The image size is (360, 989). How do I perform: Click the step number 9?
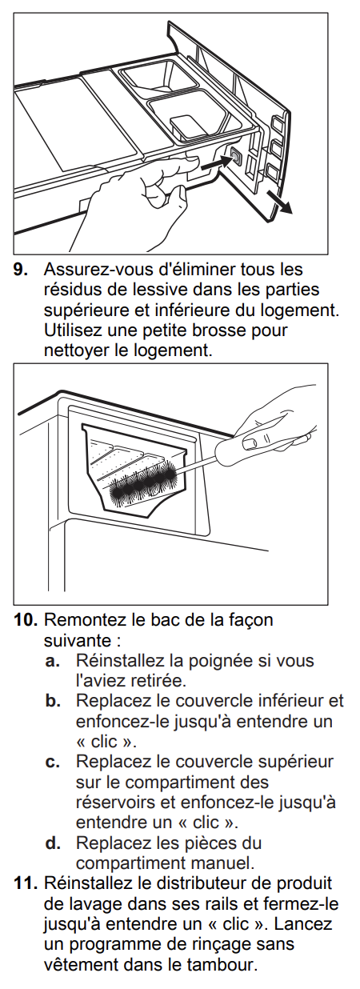[20, 270]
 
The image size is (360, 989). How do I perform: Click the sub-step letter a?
[52, 662]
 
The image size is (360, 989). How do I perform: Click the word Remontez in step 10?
[78, 620]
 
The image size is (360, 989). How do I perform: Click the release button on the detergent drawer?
[235, 156]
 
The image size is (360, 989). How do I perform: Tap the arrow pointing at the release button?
[216, 163]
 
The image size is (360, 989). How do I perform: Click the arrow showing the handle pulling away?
[279, 202]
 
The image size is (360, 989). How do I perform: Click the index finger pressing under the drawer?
[171, 166]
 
